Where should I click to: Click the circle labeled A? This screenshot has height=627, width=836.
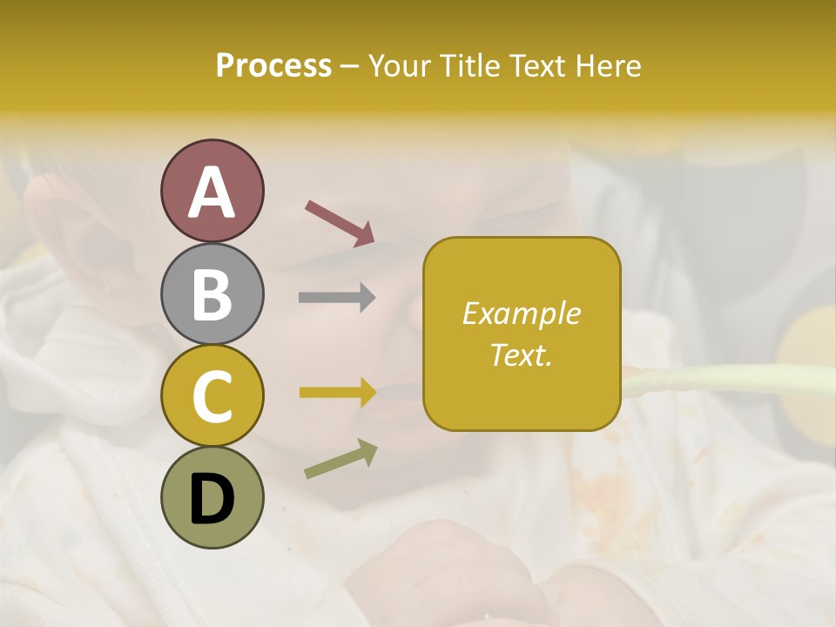(x=212, y=191)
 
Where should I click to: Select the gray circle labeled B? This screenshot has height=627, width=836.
(x=212, y=293)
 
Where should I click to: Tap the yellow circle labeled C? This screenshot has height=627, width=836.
(x=212, y=395)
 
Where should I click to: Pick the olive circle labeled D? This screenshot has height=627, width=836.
(x=212, y=497)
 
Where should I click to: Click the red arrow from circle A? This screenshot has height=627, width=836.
(x=340, y=223)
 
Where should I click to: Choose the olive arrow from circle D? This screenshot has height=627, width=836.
(x=340, y=459)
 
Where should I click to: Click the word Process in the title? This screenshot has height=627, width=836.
(x=273, y=66)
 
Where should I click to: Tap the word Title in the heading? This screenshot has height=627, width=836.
(x=468, y=66)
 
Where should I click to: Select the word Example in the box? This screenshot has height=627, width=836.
(x=521, y=313)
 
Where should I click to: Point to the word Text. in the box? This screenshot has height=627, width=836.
(x=521, y=354)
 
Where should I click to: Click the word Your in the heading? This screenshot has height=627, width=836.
(x=400, y=66)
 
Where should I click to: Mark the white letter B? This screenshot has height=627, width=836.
(x=212, y=294)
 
